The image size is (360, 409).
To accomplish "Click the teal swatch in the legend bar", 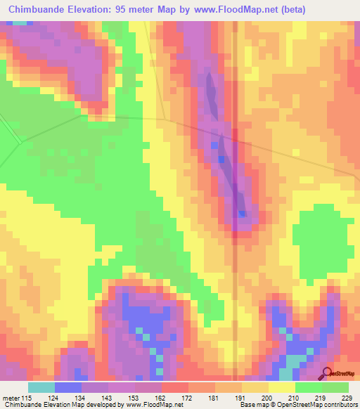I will click(41, 388).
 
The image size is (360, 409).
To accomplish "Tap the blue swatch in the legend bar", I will click(68, 388).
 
